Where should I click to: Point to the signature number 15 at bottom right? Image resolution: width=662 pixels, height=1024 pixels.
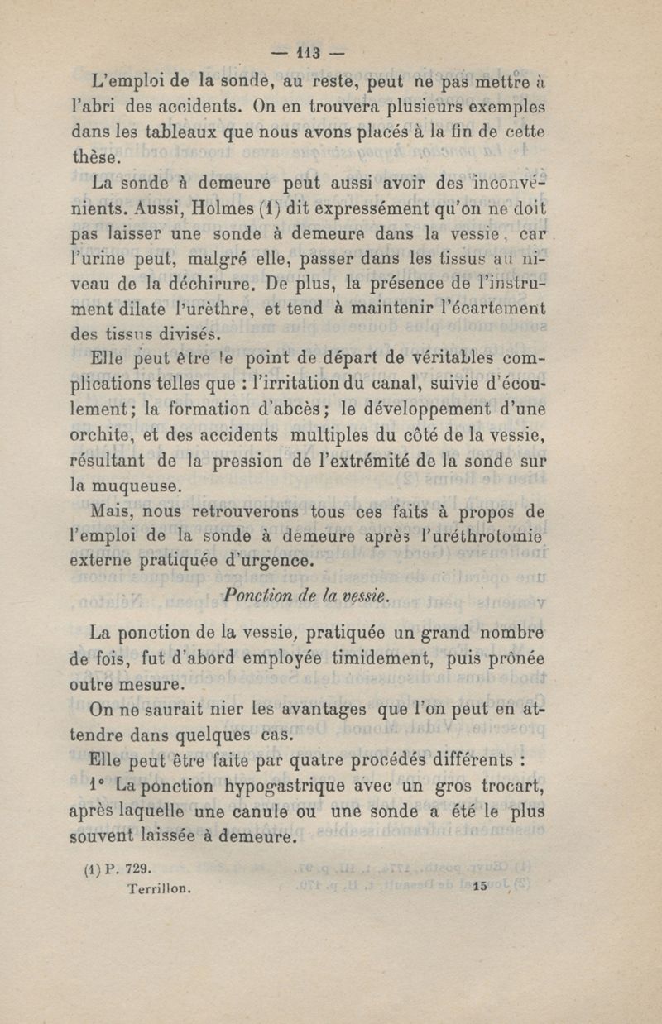point(483,887)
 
